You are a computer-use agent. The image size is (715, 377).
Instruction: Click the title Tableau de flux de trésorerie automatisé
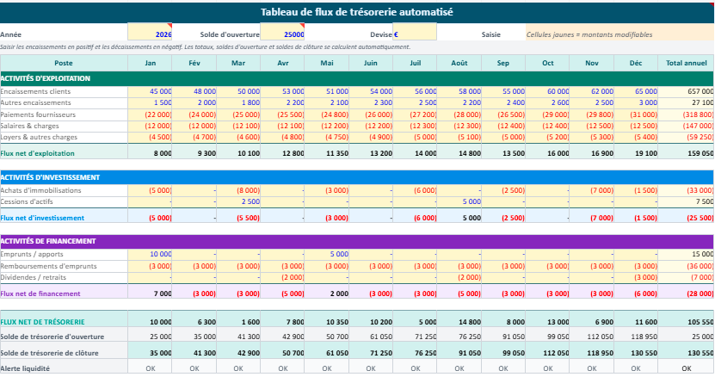coord(357,12)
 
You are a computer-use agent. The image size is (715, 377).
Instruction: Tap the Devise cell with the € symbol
coord(414,34)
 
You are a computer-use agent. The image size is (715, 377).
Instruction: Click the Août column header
coord(459,63)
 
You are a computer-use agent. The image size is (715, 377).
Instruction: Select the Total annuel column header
coord(686,63)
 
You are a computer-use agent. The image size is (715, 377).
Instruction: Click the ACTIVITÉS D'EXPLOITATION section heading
coord(44,78)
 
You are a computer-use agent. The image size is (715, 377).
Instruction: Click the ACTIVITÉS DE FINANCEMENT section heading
coord(47,241)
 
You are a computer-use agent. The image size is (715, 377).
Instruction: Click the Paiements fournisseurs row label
coord(38,114)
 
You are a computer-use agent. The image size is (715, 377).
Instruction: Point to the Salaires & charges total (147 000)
coord(695,126)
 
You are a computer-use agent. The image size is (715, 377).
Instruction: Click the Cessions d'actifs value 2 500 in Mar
coord(239,201)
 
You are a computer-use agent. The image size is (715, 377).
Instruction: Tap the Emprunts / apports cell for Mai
coord(327,254)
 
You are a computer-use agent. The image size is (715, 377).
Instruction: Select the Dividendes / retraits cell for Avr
coord(283,277)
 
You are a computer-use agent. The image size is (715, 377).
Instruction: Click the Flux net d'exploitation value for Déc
coord(636,153)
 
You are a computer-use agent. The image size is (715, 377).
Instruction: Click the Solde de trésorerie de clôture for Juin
coord(371,353)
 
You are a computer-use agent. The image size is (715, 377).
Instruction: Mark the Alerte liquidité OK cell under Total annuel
coord(686,368)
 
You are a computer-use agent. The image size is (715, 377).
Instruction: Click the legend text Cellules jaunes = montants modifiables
coord(589,34)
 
